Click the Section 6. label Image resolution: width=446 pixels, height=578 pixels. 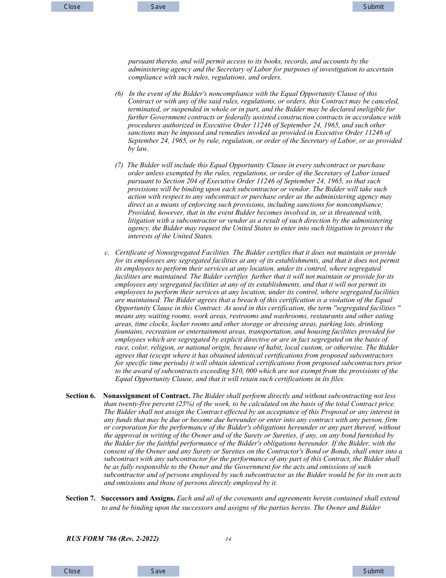pos(80,396)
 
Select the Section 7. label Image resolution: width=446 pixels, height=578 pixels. pos(80,498)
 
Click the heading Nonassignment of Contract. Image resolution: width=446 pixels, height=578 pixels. pos(146,396)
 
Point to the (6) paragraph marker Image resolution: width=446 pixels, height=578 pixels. pos(119,94)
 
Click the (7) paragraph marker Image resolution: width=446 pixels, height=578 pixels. pos(119,165)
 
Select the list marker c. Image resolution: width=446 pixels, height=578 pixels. pos(107,252)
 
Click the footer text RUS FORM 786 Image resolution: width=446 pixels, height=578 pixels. pos(112,539)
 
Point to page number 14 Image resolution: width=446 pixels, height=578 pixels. pos(228,539)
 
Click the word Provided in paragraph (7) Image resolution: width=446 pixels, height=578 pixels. pos(141,212)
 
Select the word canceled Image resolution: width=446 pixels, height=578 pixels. pos(385,101)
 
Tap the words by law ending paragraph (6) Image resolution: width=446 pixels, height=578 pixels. pos(138,149)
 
